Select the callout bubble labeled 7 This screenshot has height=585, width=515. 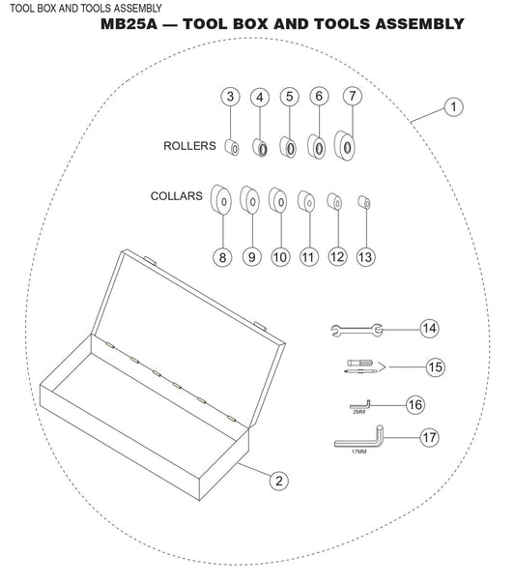click(352, 97)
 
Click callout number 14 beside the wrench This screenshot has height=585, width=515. click(429, 329)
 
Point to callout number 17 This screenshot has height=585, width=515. click(429, 438)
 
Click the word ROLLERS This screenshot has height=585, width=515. click(188, 146)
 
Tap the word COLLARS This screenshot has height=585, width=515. click(176, 195)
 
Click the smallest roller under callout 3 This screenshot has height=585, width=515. click(232, 147)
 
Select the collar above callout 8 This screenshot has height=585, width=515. click(222, 201)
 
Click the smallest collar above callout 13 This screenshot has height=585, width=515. click(365, 201)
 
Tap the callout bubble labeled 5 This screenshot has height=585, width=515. click(289, 97)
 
